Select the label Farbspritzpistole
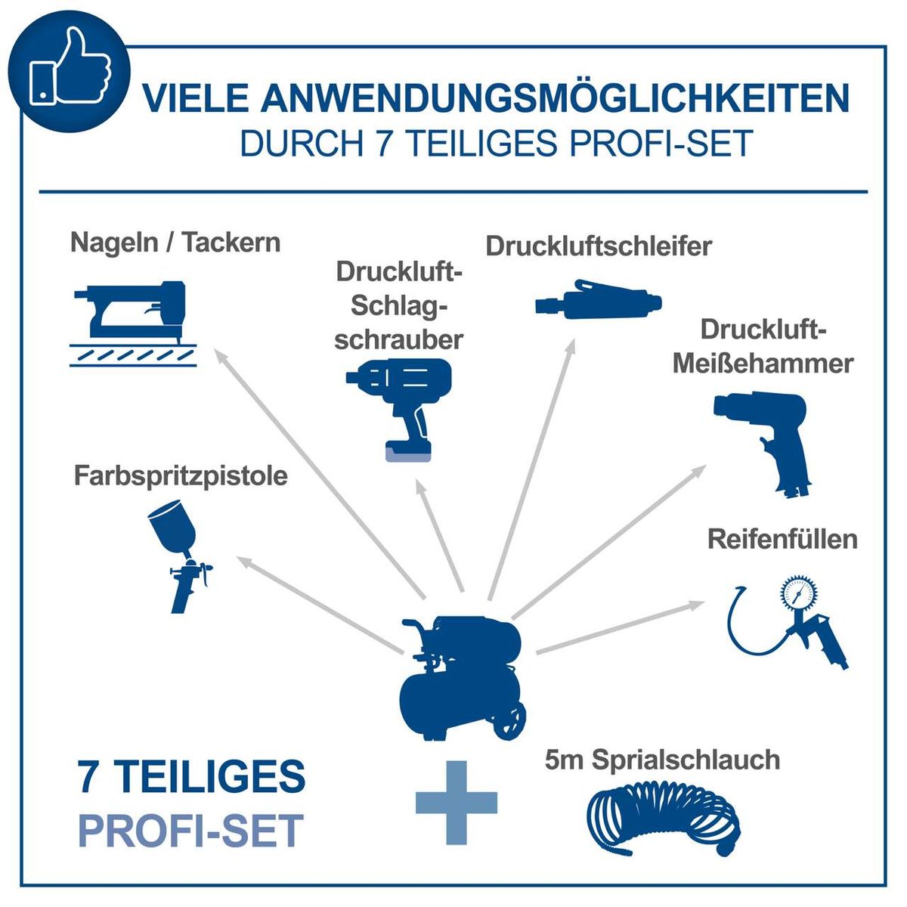pos(181,477)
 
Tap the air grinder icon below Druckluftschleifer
pos(598,299)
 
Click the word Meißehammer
pos(763,364)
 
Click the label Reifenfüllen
pos(782,540)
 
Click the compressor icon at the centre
pos(462,677)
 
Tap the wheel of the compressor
pos(509,722)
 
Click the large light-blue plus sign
pos(457,803)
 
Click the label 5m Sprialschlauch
pos(662,760)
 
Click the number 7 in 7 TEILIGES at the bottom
pos(88,776)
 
